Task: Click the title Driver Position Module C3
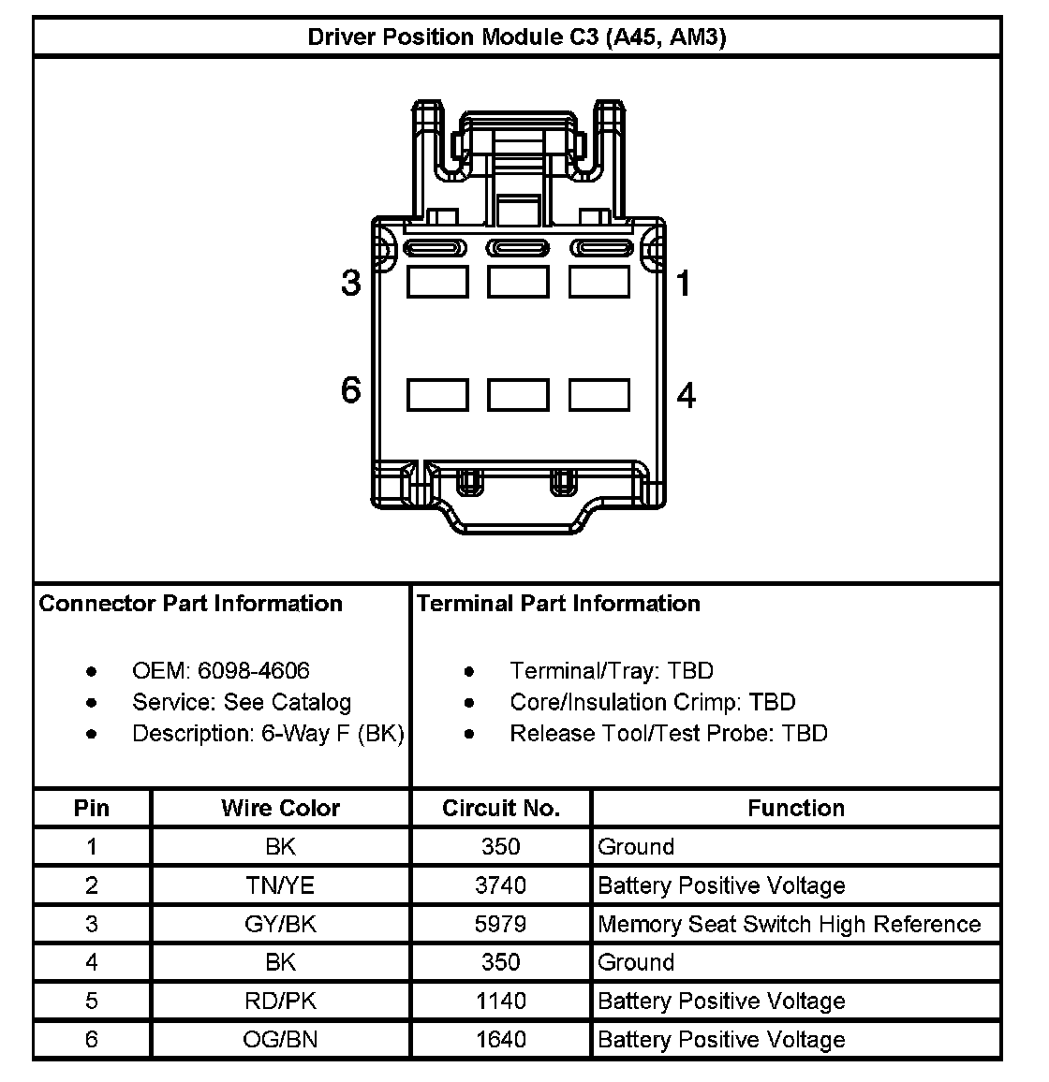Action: coord(516,37)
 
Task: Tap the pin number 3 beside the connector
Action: coord(350,282)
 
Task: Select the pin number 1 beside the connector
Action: coord(684,282)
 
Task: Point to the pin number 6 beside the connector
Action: coord(350,389)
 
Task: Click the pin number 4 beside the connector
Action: coord(686,395)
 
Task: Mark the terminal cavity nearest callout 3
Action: coord(437,282)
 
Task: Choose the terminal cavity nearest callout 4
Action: coord(599,394)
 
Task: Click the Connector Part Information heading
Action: coord(191,604)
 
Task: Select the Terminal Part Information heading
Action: coord(558,604)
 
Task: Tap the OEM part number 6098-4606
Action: coord(253,671)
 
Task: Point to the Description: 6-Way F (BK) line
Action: coord(268,734)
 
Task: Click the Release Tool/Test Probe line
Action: coord(668,734)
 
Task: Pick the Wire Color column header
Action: coord(280,808)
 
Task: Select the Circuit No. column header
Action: coord(501,808)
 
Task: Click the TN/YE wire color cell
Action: coord(280,885)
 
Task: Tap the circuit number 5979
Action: coord(501,924)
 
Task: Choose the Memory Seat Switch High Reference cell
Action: coord(789,924)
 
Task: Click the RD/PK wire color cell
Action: coord(280,1001)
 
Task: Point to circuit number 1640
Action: coord(501,1039)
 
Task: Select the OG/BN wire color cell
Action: coord(280,1039)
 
